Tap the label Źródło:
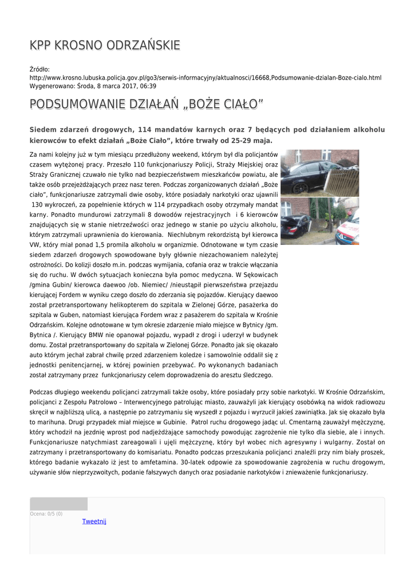point(39,69)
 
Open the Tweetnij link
point(94,521)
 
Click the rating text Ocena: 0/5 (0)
point(46,514)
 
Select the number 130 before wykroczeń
point(41,204)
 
